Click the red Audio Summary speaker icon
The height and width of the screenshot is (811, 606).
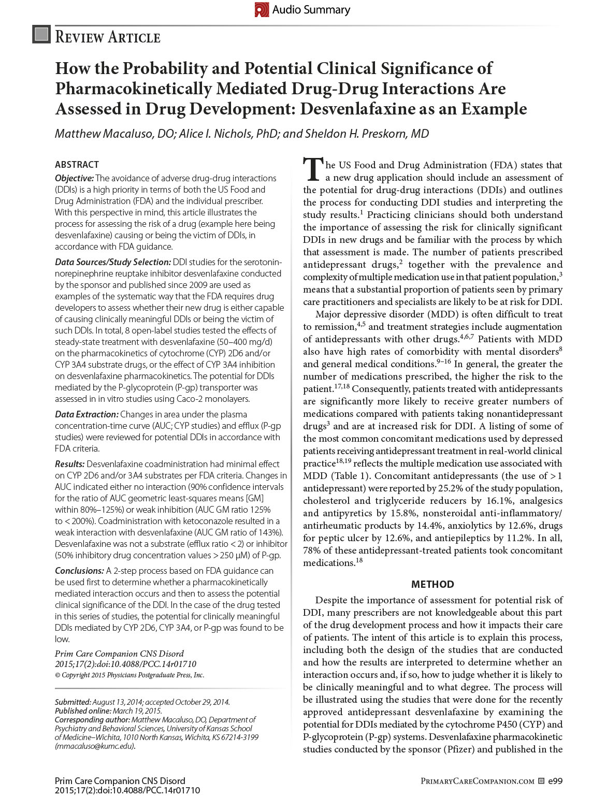tap(262, 9)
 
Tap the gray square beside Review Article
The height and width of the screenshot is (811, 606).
tap(41, 34)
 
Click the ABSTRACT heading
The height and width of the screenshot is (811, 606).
tap(77, 165)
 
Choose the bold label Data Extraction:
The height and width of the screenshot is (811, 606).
tap(86, 414)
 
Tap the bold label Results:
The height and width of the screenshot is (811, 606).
tap(69, 464)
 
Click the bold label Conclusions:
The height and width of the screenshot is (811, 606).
tap(79, 571)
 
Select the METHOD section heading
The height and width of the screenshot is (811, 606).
tap(432, 584)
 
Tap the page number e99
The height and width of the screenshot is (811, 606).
tap(555, 781)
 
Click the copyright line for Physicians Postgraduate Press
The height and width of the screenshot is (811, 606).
tap(129, 675)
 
